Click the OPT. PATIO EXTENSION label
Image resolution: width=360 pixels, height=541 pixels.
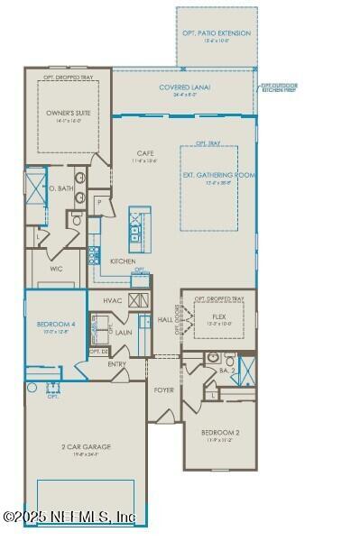tap(217, 33)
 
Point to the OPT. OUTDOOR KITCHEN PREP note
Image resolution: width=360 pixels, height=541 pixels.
tap(279, 87)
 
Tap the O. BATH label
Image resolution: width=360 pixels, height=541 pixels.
tap(60, 188)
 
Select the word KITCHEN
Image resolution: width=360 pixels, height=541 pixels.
tap(123, 261)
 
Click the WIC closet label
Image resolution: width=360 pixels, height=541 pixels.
tap(54, 268)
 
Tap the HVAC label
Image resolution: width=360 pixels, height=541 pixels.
tap(113, 300)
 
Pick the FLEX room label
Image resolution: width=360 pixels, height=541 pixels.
tap(219, 317)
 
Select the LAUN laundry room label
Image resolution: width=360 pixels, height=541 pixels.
tap(124, 332)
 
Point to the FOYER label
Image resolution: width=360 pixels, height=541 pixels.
tap(164, 390)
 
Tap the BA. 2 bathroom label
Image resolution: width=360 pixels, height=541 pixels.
tap(228, 370)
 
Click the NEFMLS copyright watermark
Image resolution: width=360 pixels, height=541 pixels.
tap(69, 517)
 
